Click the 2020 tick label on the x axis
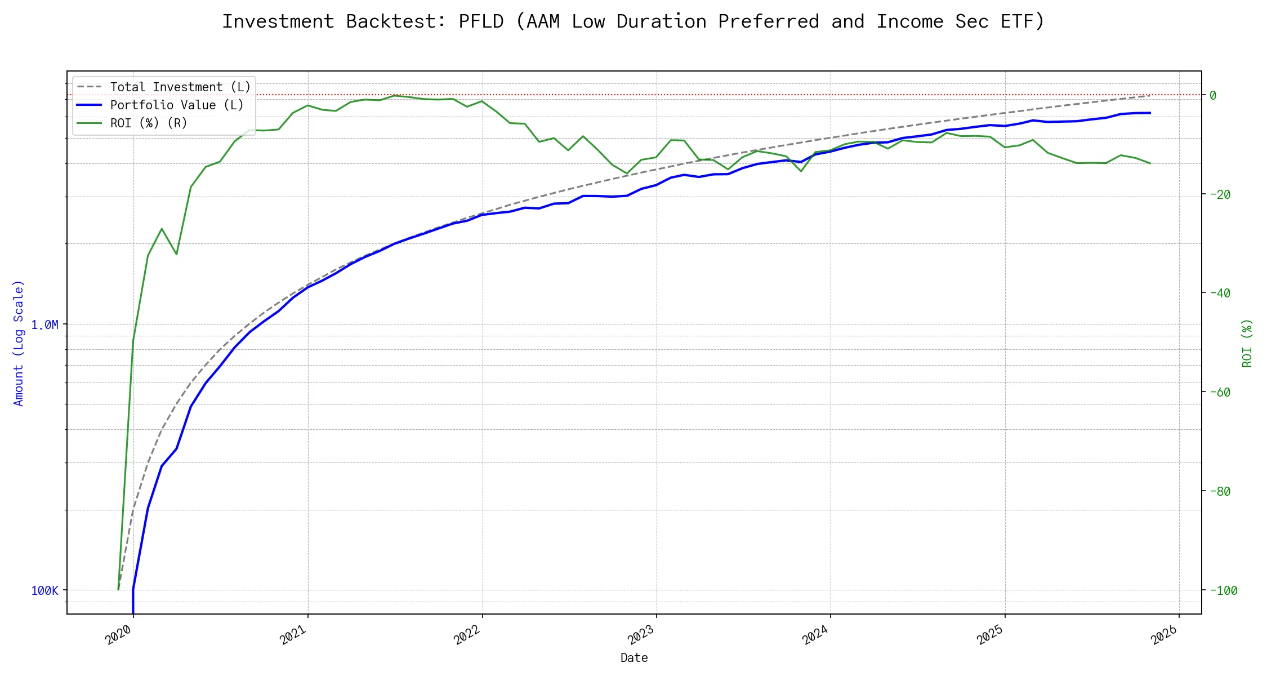(119, 634)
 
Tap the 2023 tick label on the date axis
(641, 634)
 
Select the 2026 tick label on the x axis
(1165, 634)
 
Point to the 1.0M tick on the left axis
(44, 325)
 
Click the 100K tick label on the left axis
(44, 590)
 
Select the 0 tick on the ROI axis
(1213, 95)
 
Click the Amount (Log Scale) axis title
(19, 343)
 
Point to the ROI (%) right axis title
(1247, 343)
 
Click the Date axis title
(634, 657)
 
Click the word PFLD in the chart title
(481, 21)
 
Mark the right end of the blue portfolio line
(1150, 113)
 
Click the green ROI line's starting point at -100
(118, 590)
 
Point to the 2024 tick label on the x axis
(816, 634)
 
